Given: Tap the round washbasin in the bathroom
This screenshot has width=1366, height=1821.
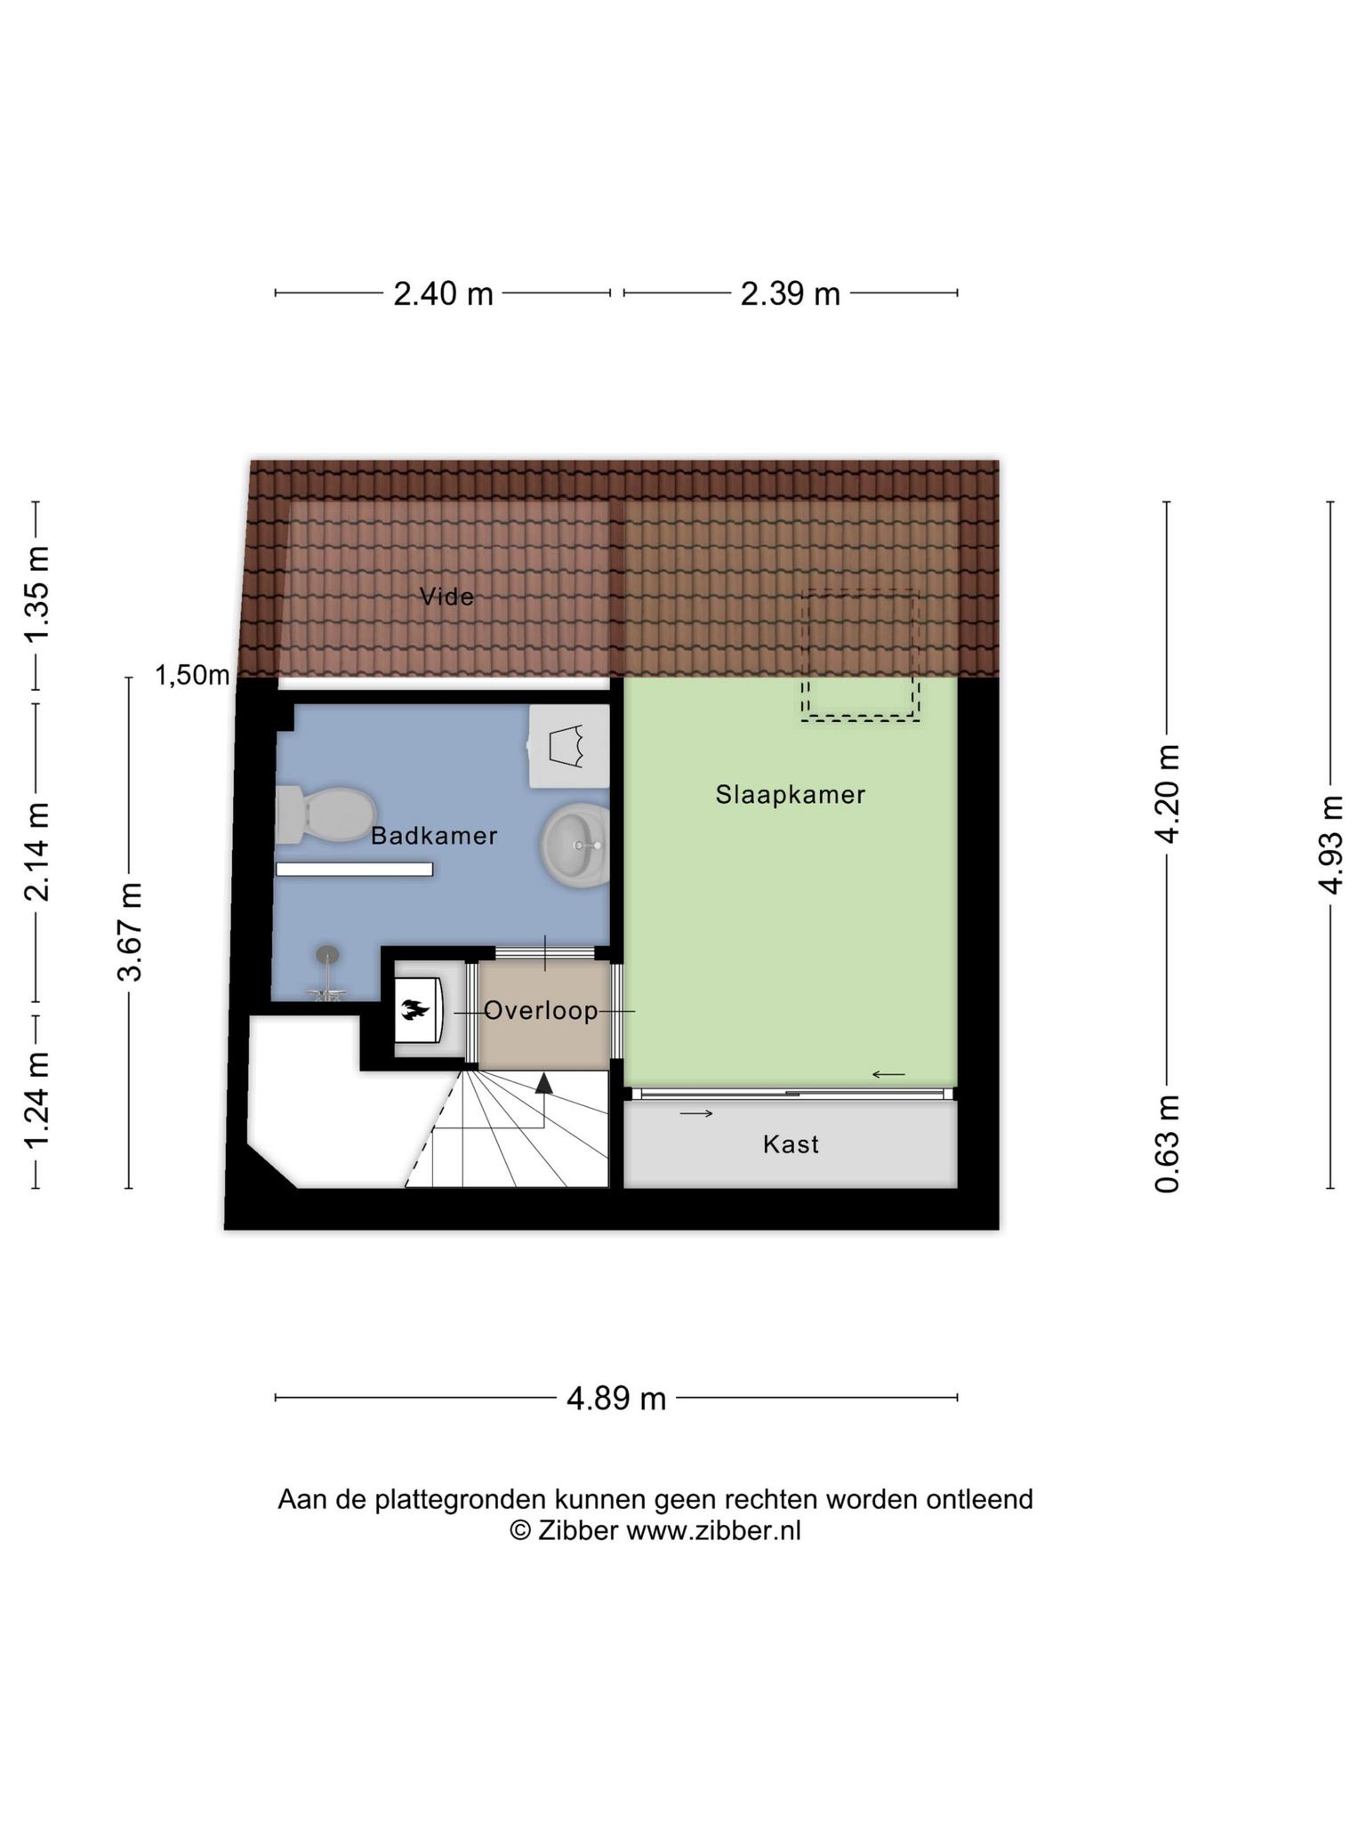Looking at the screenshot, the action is point(575,845).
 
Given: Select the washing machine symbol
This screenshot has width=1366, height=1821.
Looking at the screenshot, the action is point(569,746).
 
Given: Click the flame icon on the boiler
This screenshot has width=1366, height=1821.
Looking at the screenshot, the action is point(414,1010).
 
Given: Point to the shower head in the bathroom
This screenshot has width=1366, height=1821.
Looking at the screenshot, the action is point(328,954).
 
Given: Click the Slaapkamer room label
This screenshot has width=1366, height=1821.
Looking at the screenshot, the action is point(791,795).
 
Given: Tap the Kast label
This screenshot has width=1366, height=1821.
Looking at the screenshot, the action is point(791,1144).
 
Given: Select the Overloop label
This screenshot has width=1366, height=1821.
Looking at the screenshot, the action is point(541,1010).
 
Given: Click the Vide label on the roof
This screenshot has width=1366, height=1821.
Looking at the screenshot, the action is point(446,597).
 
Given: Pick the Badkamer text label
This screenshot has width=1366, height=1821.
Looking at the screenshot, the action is point(434,836).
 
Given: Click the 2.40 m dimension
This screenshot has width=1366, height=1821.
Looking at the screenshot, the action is point(443,293).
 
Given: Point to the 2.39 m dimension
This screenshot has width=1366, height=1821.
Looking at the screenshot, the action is point(791,293).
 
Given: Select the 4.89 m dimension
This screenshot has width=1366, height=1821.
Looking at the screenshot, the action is point(616,1399).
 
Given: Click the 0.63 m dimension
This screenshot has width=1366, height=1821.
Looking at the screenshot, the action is point(1168,1143).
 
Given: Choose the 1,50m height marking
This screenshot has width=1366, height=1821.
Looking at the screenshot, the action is point(192,676).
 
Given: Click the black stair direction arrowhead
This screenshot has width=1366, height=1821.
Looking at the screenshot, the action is point(543,1082).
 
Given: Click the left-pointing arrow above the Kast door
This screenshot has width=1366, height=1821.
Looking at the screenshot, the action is point(888,1075).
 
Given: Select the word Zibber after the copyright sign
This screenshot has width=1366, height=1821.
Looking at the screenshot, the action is point(578,1530).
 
